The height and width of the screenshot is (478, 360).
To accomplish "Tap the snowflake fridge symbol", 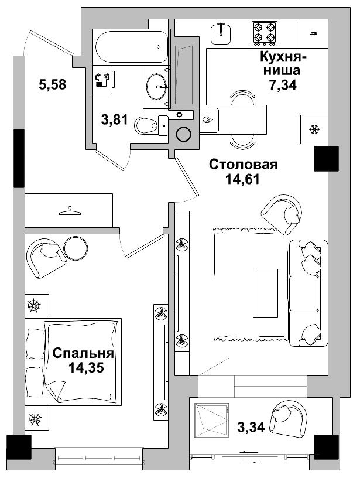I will point(314,129).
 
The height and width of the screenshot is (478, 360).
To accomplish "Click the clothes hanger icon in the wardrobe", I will point(69,210).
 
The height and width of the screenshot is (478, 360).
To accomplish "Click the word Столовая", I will point(243,165).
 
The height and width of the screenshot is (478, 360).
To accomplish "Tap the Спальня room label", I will point(83,353).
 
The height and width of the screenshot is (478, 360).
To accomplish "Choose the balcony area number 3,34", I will point(251,426).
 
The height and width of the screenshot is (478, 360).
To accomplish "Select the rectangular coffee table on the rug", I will point(265,292).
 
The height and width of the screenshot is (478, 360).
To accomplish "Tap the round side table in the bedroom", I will point(76,248).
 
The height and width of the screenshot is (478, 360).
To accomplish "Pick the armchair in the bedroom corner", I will point(46,257).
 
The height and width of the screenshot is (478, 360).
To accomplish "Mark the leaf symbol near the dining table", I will point(208,120).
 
